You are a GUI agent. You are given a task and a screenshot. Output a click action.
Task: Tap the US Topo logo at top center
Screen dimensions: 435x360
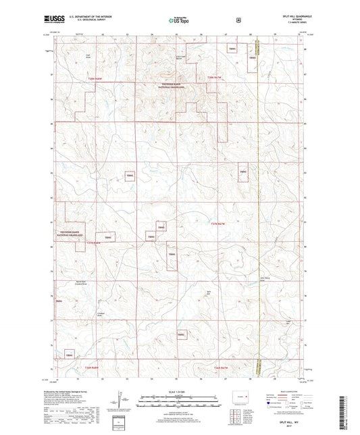tap(180, 21)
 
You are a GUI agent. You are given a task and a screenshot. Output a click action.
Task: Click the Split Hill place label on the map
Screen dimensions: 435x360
tap(209, 292)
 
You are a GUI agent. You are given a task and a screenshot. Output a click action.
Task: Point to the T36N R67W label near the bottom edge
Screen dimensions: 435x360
tap(223, 367)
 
